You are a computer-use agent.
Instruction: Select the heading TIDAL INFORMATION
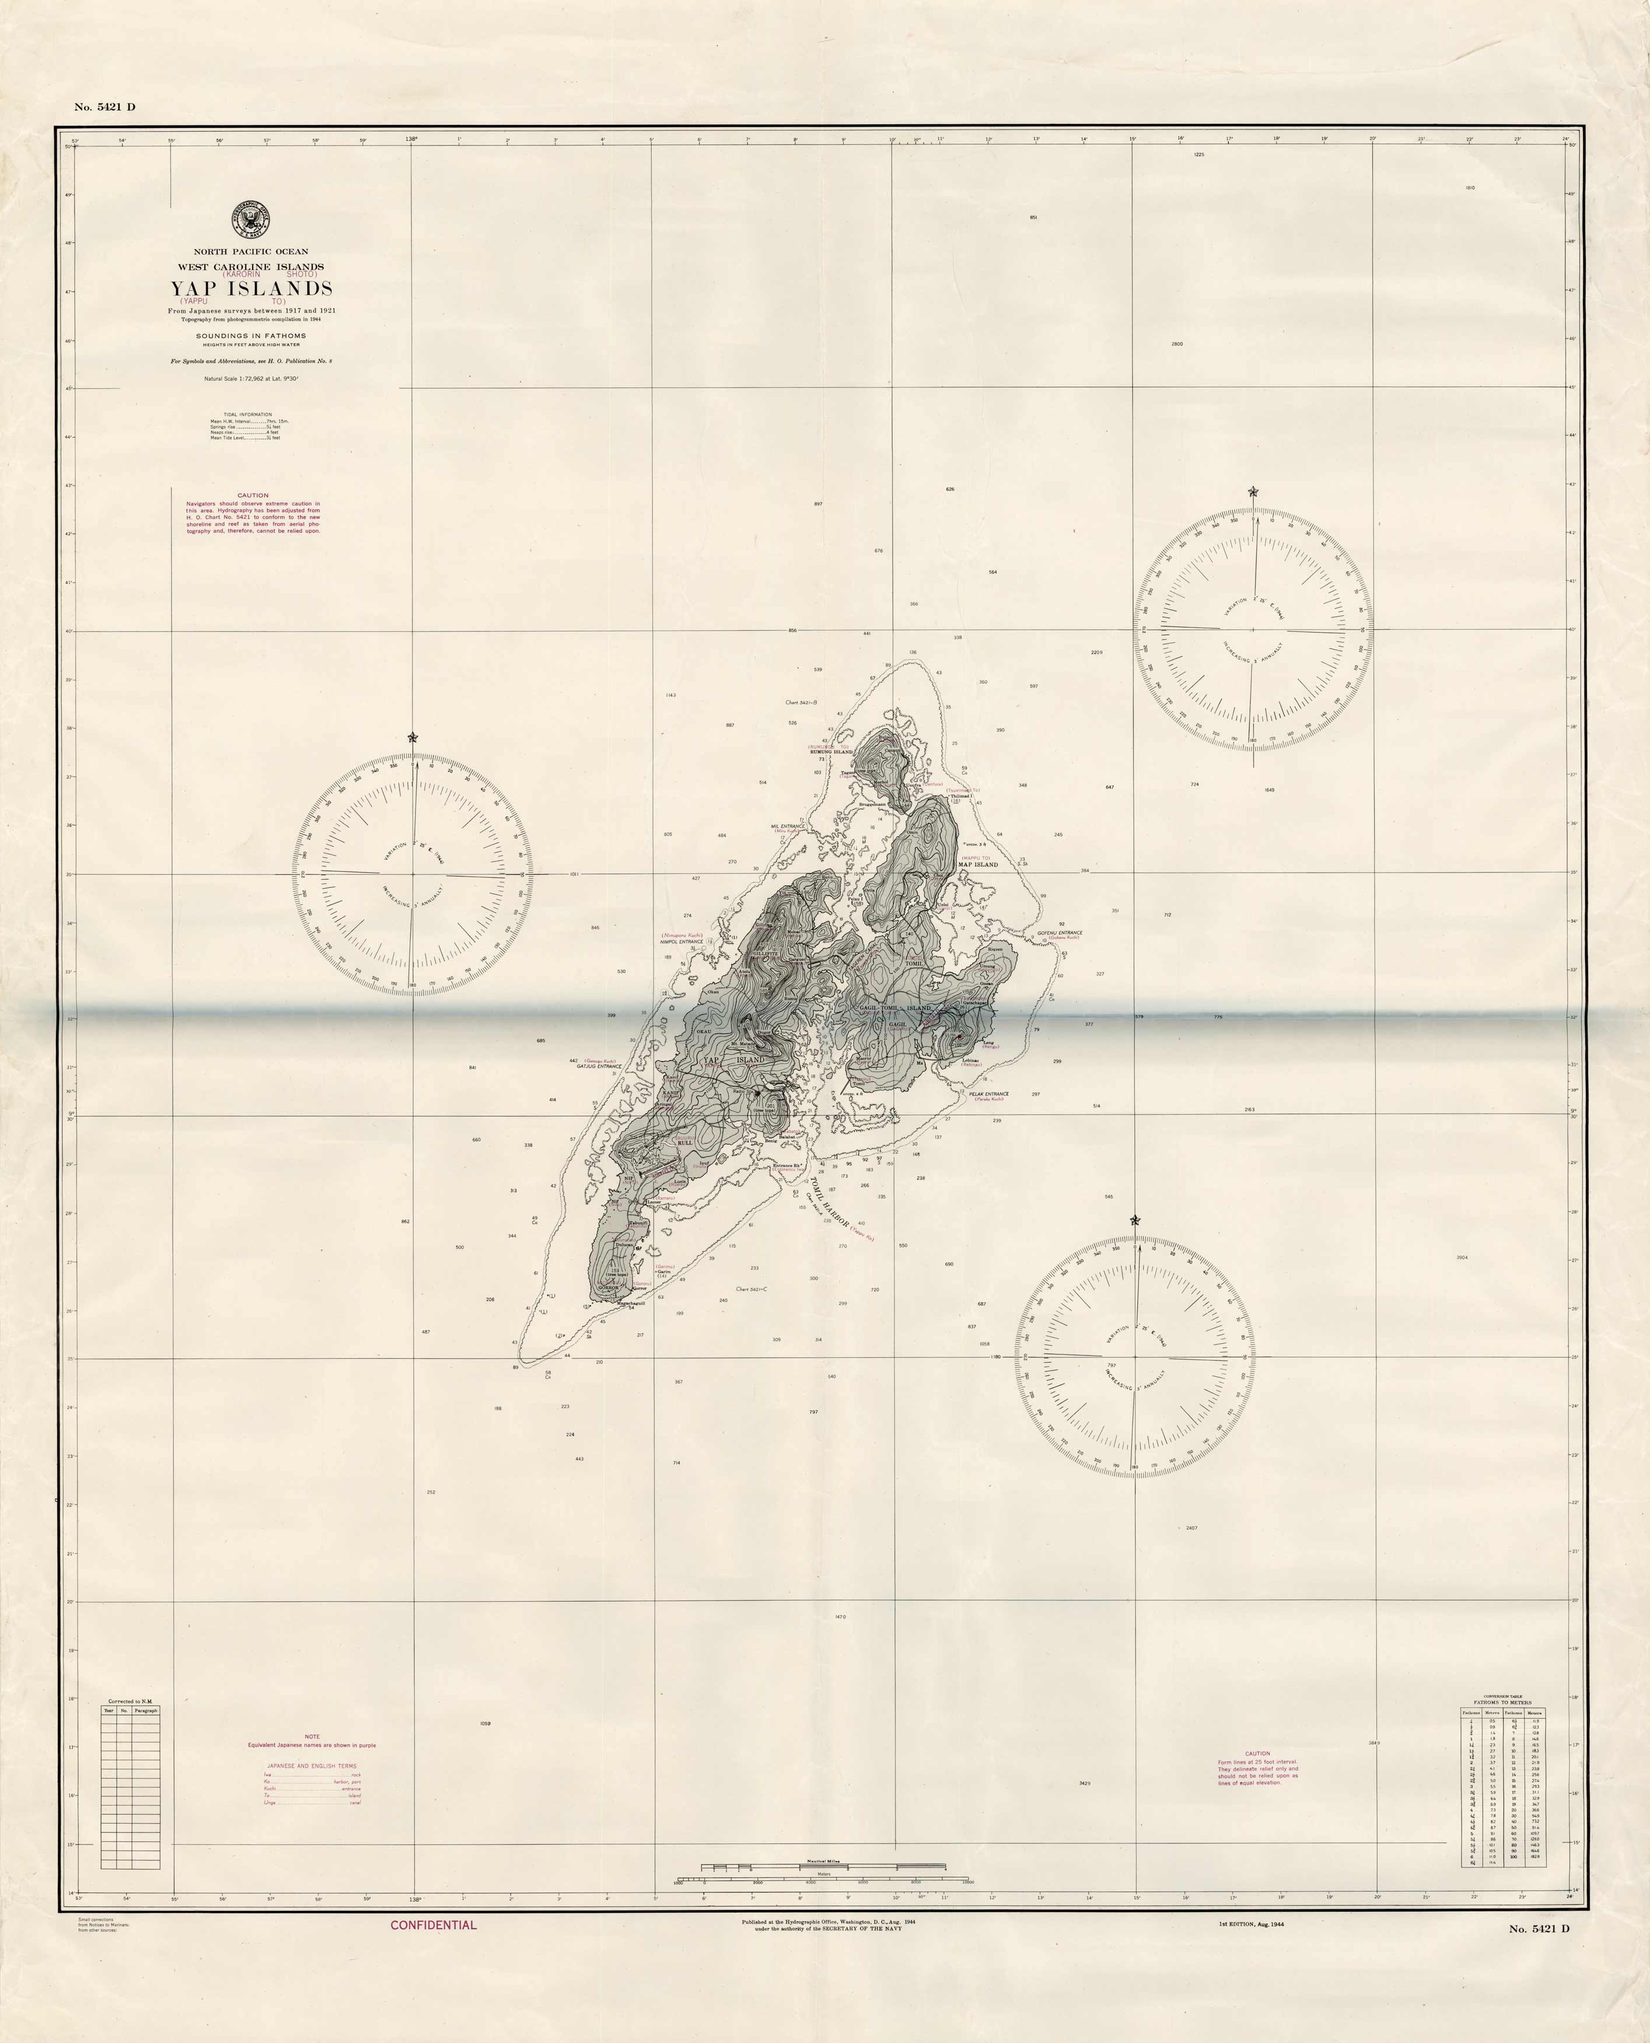pos(247,414)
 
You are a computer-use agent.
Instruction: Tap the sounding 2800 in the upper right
pos(1177,343)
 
